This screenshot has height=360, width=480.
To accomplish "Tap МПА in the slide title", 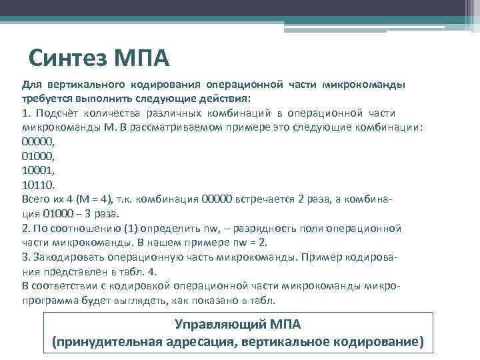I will [141, 60].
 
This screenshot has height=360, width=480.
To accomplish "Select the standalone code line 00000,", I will [37, 141].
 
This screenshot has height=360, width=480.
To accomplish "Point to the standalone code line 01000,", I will [37, 155].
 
